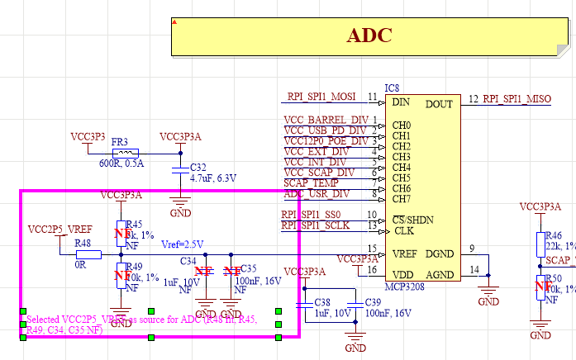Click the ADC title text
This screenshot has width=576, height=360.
click(x=369, y=36)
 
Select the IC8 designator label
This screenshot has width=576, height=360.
click(x=393, y=88)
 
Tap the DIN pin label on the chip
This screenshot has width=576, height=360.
click(x=402, y=103)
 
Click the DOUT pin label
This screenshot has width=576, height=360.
click(x=439, y=104)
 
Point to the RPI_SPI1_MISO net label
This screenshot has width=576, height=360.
click(x=516, y=99)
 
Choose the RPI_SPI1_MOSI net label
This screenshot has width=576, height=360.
click(x=321, y=97)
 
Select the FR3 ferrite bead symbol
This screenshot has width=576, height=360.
click(x=125, y=153)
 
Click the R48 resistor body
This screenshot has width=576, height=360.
click(x=88, y=254)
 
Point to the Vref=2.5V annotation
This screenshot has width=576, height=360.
click(x=182, y=244)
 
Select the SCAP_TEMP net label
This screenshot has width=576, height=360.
click(x=312, y=182)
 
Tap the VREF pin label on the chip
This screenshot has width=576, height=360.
click(x=405, y=253)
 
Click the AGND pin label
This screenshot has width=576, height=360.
click(x=439, y=274)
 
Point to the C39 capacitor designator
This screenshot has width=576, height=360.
click(x=372, y=303)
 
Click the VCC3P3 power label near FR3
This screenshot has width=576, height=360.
click(x=88, y=135)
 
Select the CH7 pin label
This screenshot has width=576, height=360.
click(x=401, y=199)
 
